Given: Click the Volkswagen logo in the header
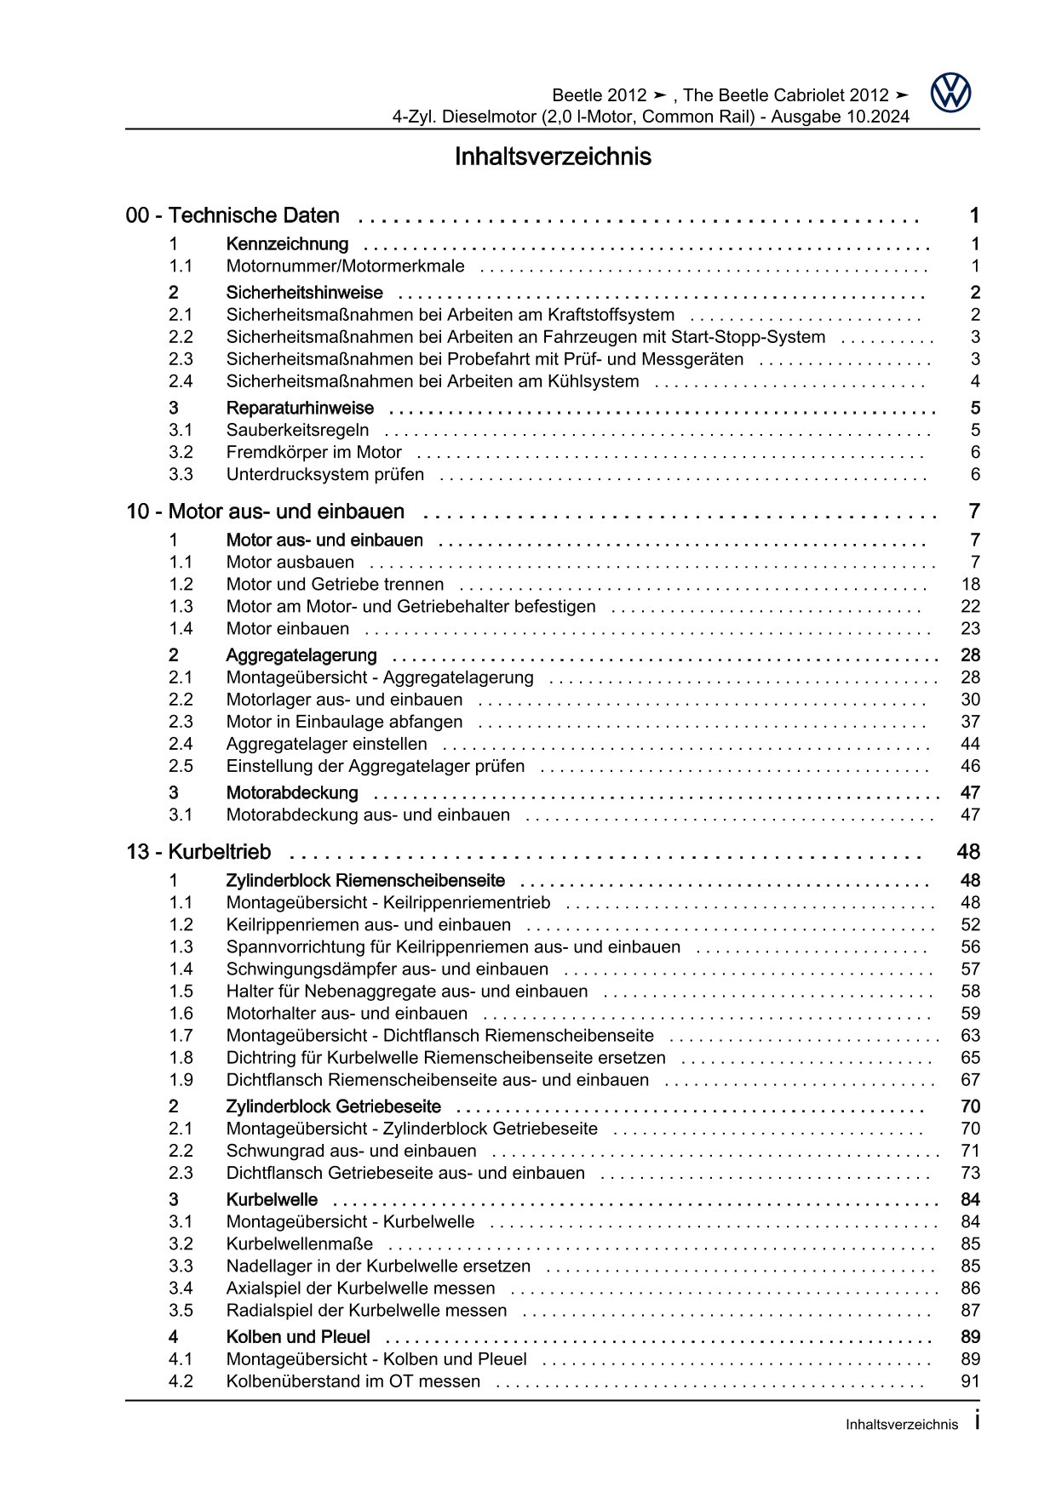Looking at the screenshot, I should [950, 94].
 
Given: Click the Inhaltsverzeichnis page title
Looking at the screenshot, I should [553, 157].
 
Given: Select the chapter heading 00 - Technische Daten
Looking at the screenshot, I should [232, 216].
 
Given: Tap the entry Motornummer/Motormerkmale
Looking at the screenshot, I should [345, 266].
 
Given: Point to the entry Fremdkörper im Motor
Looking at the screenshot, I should [313, 453].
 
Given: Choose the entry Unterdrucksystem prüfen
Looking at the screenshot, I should [324, 475].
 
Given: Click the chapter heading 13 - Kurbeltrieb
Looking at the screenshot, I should [198, 852].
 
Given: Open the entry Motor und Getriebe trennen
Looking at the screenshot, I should [335, 585].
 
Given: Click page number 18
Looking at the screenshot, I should [970, 585].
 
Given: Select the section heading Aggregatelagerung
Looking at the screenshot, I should [301, 655].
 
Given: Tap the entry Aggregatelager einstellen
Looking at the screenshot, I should [326, 745].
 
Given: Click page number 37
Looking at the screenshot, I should [970, 723].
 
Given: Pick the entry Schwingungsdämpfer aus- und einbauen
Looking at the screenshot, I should [387, 969].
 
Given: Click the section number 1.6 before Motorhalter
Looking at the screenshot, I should [181, 1014].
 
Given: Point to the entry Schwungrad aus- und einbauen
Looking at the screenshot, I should [351, 1152].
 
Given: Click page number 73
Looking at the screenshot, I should [970, 1174].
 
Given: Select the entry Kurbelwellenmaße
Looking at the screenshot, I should [287, 1244].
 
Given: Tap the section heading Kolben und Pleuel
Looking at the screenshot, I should [298, 1337].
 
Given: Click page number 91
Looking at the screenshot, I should [970, 1381].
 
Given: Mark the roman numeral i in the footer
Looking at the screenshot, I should [976, 1421].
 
